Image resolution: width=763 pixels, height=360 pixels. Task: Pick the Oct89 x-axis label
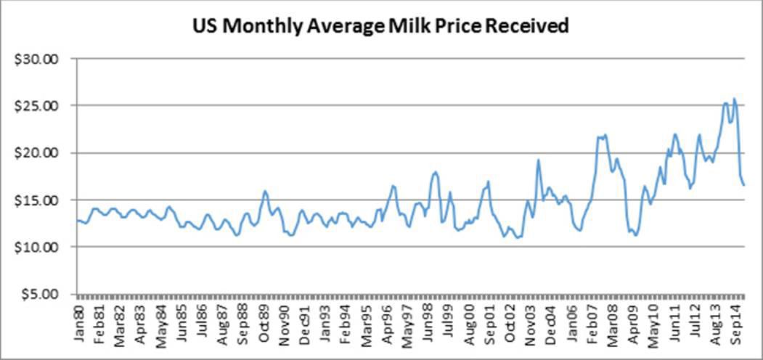coord(266,327)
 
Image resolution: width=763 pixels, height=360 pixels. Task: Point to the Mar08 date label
coord(613,327)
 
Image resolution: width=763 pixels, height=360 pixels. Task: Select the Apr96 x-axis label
coord(389,327)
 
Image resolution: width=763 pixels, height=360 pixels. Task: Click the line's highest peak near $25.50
coord(734,99)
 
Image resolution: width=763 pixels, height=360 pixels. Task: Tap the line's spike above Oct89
coord(265,191)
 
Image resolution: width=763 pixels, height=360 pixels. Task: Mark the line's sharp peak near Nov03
coord(539,160)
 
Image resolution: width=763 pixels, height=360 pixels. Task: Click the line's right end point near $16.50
coord(744,185)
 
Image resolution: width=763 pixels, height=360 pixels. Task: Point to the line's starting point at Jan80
coord(77,220)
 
